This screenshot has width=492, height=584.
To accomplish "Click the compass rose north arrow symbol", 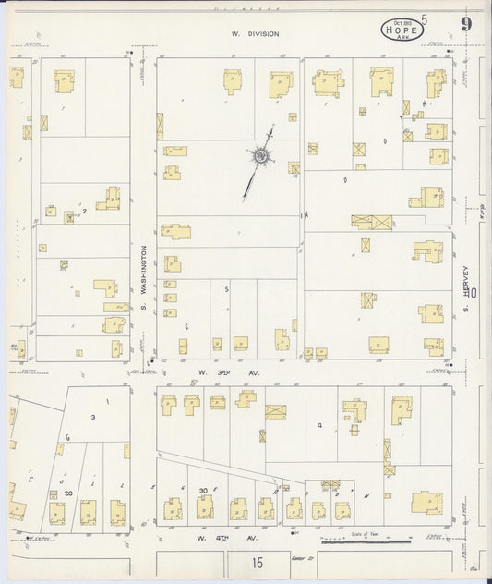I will click(260, 159).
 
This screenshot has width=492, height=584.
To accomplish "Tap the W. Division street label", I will click(255, 33).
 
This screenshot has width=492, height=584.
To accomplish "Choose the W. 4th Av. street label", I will click(213, 537).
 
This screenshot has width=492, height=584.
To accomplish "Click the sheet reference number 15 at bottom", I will click(256, 561).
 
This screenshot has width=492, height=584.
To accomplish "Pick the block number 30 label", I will click(203, 490).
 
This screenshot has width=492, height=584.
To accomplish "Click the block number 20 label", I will click(68, 493).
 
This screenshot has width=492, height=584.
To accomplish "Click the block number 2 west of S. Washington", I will click(85, 212).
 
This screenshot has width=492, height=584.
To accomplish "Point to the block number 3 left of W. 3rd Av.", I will click(186, 326).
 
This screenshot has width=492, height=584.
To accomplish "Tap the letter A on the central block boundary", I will click(305, 214).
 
